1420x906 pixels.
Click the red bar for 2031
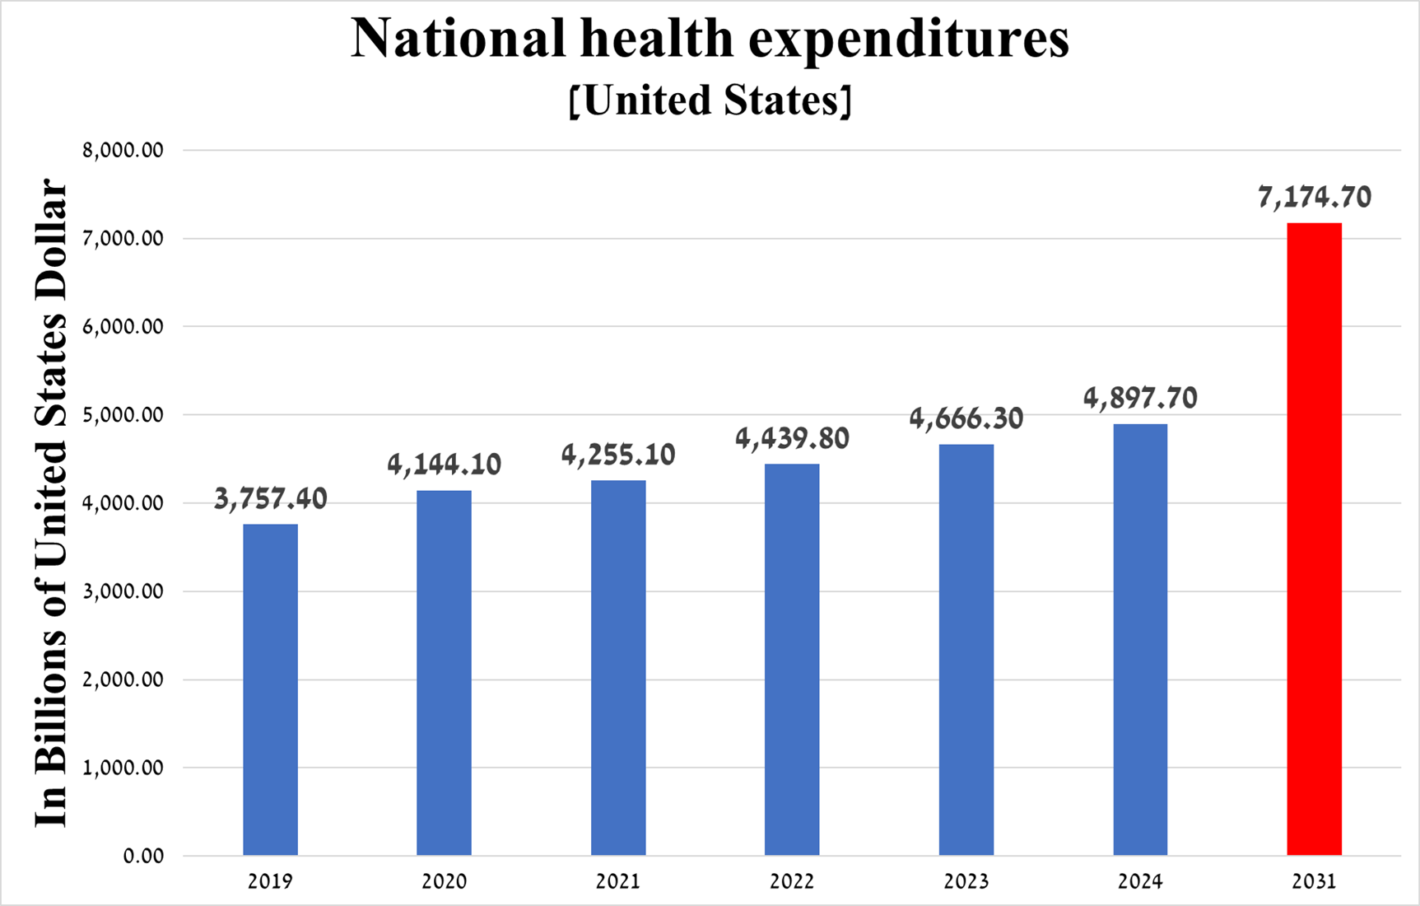point(1314,539)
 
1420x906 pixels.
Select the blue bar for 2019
point(270,690)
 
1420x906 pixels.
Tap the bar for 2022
point(792,660)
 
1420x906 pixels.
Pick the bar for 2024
point(1140,640)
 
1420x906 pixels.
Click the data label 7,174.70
point(1315,198)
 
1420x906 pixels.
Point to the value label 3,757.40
point(270,499)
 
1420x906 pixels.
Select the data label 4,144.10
point(445,465)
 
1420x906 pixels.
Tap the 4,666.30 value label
point(966,419)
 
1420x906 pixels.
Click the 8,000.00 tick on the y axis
point(123,151)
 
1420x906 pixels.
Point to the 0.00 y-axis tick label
point(144,857)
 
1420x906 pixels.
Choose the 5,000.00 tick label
point(123,415)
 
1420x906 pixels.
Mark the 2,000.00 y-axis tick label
point(123,680)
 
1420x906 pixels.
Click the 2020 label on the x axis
point(445,882)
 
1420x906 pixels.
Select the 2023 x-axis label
point(966,882)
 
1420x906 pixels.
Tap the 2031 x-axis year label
point(1314,882)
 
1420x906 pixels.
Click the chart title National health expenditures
point(710,38)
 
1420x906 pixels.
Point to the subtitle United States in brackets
point(710,100)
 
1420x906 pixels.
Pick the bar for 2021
point(618,668)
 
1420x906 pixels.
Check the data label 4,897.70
point(1140,399)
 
